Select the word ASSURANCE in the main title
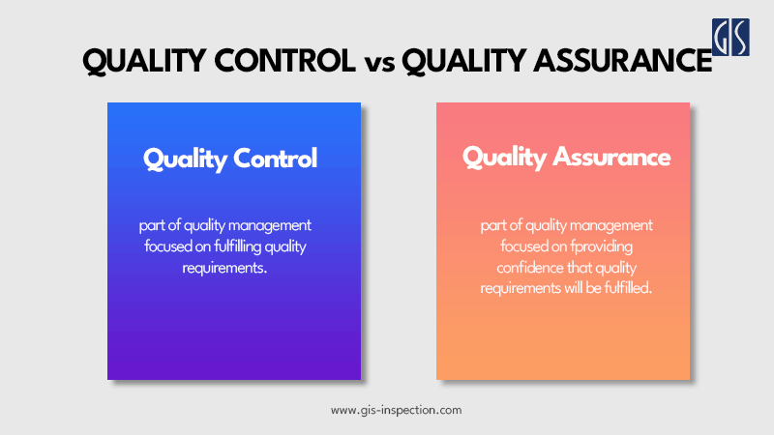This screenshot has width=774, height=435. pos(609,62)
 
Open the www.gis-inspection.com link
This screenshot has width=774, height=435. pos(397,410)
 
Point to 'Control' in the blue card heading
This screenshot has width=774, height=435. pos(276,159)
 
